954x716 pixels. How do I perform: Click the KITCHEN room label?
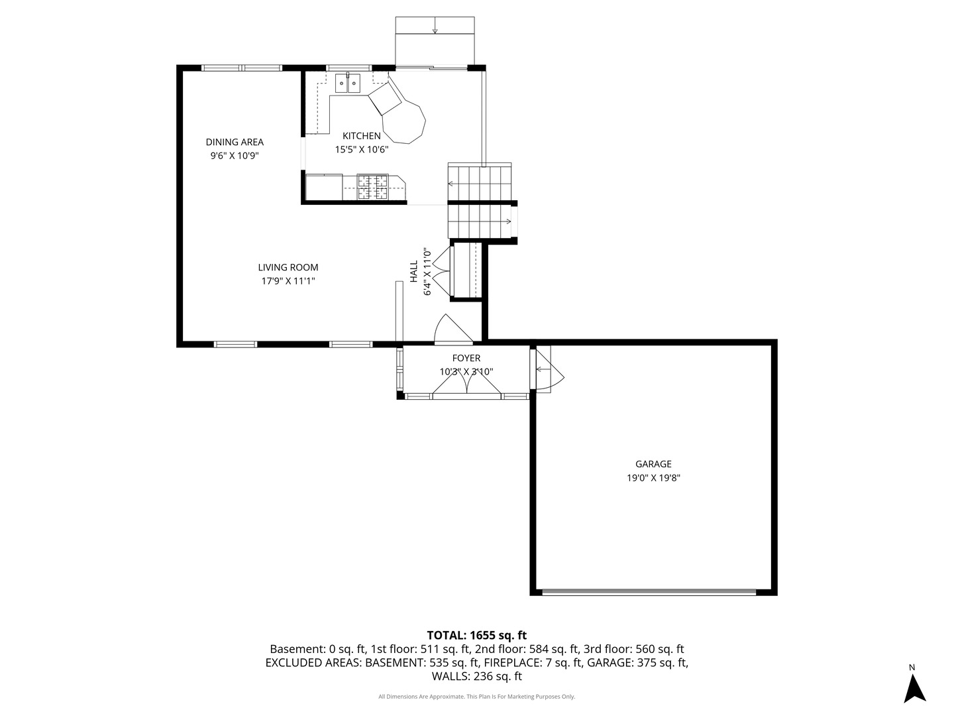(361, 136)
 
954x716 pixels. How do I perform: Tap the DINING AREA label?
(235, 142)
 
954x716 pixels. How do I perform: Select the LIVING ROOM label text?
(288, 267)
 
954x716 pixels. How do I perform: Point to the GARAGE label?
(653, 464)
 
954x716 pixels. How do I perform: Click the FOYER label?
(466, 358)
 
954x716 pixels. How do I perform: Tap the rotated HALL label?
(413, 271)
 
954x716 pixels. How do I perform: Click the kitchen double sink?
(347, 83)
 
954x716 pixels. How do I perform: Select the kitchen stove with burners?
(372, 187)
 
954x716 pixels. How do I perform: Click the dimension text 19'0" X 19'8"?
(653, 477)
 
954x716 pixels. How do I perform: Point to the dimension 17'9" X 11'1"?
(288, 281)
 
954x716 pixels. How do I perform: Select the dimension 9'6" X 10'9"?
(235, 156)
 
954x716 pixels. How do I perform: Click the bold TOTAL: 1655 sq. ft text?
(476, 635)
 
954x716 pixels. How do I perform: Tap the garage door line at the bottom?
(649, 591)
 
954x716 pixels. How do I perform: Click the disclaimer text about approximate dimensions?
(476, 697)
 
